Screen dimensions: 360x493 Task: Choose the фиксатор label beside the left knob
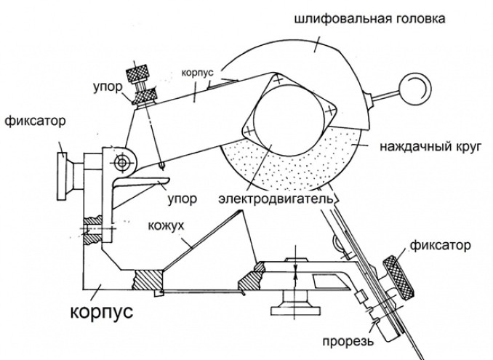click(x=36, y=120)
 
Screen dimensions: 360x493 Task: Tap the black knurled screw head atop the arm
click(x=137, y=73)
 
